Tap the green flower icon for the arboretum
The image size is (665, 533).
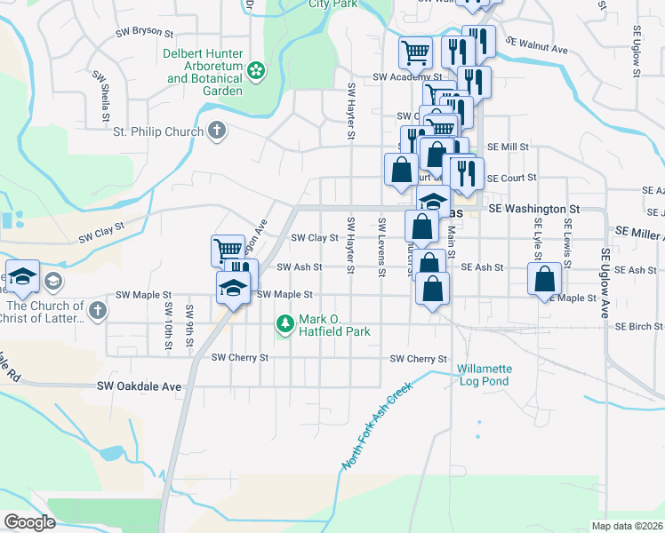coord(256,69)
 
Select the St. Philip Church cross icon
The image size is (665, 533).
coord(215,132)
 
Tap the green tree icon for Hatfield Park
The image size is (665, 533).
coord(284,325)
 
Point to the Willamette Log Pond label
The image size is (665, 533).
coord(484,375)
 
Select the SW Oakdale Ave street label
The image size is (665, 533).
coord(139,387)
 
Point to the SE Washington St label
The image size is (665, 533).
coord(533,209)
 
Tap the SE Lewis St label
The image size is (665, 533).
coord(566,235)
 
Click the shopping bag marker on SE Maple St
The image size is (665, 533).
coord(544,280)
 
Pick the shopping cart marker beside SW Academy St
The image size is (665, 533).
coord(415,52)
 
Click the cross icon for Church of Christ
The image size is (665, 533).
coord(98,312)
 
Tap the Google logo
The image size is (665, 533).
coord(28,522)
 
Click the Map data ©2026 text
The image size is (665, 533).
coord(627,526)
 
